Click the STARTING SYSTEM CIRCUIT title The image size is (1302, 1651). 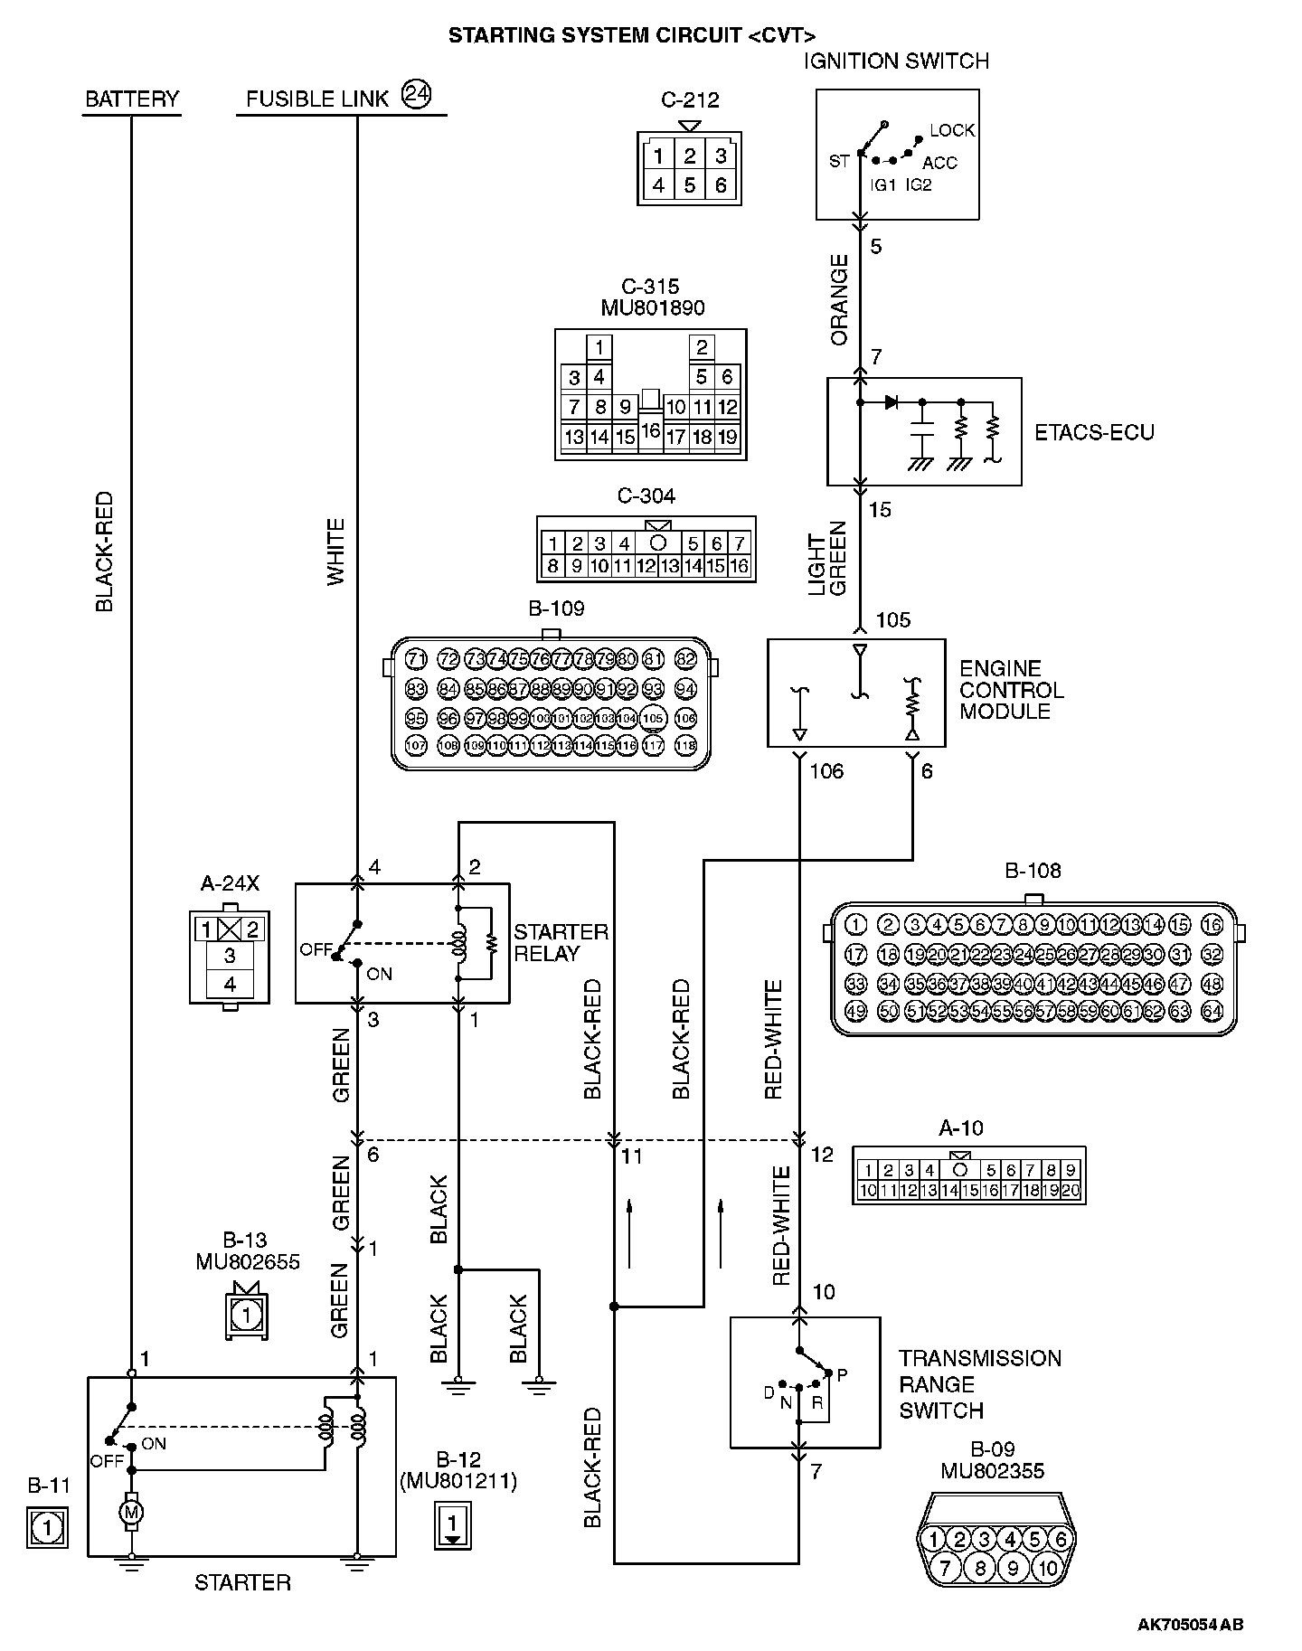[631, 36]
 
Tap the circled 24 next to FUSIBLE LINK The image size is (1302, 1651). [417, 95]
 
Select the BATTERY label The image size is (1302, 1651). [132, 99]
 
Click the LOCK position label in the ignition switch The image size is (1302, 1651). [952, 130]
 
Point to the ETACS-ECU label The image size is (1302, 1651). [1094, 432]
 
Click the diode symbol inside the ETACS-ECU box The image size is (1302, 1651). [891, 401]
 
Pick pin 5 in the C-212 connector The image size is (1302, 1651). [689, 185]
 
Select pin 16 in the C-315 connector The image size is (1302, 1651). [650, 431]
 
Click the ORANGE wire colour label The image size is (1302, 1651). [840, 299]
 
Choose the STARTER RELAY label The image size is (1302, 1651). [561, 942]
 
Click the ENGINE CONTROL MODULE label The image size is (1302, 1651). [1011, 690]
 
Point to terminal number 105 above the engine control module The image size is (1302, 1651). [893, 620]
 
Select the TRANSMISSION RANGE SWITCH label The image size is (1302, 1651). [979, 1384]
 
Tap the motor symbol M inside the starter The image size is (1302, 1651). [132, 1512]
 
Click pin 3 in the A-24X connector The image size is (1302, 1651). [230, 956]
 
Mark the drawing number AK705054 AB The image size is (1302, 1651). [1190, 1625]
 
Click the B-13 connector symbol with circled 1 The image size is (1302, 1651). [247, 1312]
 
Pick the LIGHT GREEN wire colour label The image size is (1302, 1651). [827, 558]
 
